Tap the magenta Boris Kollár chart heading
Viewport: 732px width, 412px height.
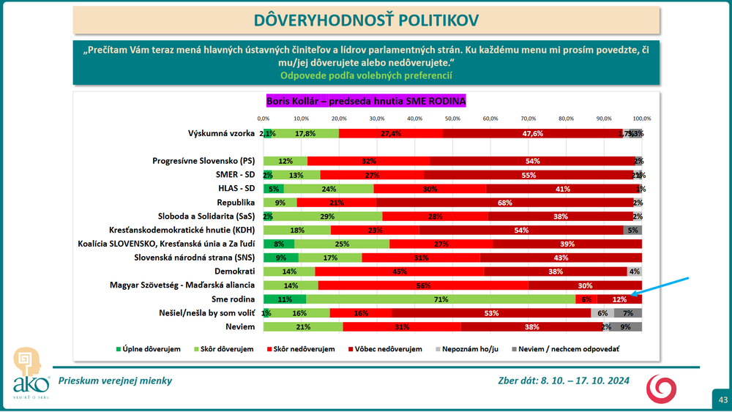pyautogui.click(x=365, y=100)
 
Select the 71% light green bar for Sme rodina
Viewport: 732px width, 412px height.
pyautogui.click(x=440, y=299)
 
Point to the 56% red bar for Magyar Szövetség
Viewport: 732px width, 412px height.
pyautogui.click(x=423, y=285)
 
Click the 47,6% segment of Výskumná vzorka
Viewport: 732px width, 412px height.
pyautogui.click(x=532, y=133)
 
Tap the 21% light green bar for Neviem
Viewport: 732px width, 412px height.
pyautogui.click(x=303, y=327)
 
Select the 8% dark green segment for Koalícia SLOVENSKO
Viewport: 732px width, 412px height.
pyautogui.click(x=278, y=244)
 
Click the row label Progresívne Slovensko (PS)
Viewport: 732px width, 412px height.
pyautogui.click(x=203, y=161)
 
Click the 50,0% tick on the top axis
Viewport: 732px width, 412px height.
pyautogui.click(x=452, y=118)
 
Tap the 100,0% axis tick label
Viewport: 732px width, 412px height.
pyautogui.click(x=641, y=118)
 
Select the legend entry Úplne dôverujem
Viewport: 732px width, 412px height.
pyautogui.click(x=149, y=349)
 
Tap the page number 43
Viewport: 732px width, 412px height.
pyautogui.click(x=722, y=399)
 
